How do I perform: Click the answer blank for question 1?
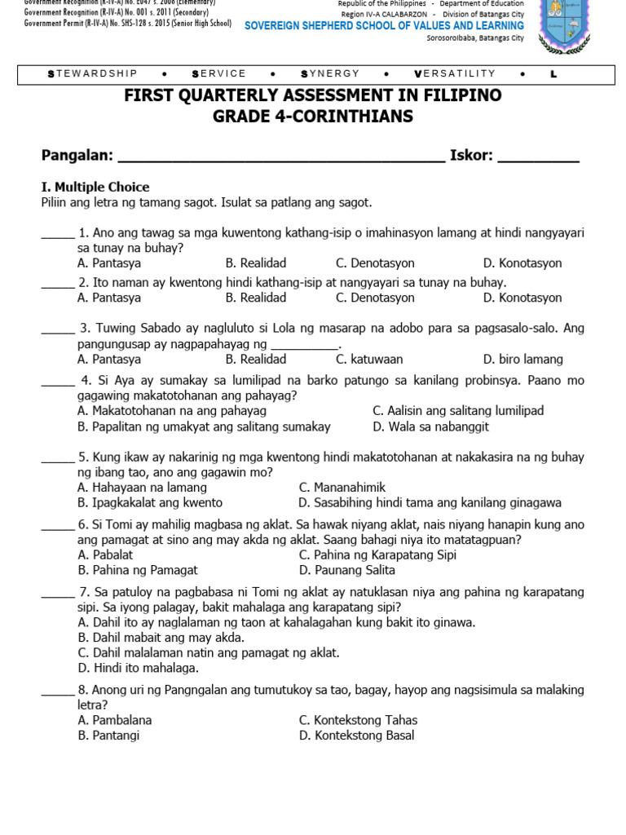coord(58,234)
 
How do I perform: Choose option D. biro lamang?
coord(522,359)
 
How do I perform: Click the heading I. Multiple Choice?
coord(95,187)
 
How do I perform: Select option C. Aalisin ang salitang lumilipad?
coord(457,410)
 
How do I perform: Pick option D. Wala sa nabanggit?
coord(430,426)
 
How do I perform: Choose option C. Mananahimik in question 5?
coord(342,487)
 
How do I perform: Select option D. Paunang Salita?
coord(346,570)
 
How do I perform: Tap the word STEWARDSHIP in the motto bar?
coord(93,74)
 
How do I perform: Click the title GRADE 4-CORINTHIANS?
coord(313,117)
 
